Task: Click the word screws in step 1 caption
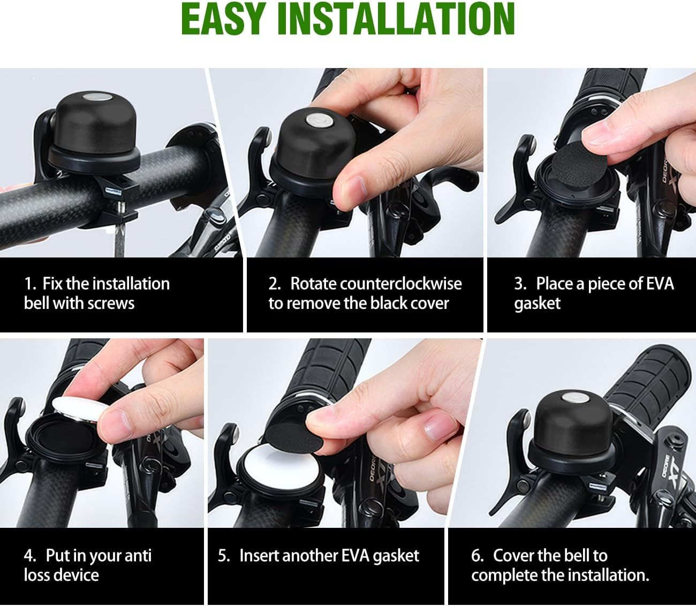coord(110,304)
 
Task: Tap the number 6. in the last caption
coord(478,556)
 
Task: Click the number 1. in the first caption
coord(30,283)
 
